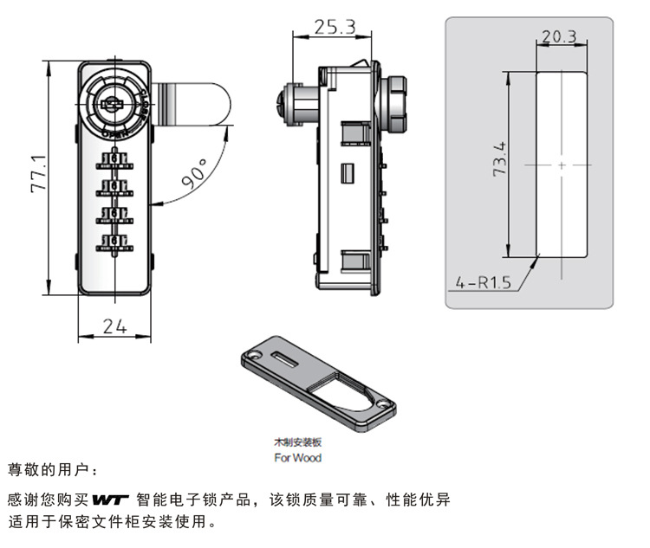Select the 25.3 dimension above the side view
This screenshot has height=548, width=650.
[x=335, y=27]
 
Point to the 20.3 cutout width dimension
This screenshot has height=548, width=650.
[x=559, y=36]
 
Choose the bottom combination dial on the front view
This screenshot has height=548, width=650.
[x=114, y=240]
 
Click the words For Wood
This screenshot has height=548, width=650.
[x=297, y=458]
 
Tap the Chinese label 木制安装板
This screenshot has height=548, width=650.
[x=297, y=442]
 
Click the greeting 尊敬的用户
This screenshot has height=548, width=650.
[x=53, y=470]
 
